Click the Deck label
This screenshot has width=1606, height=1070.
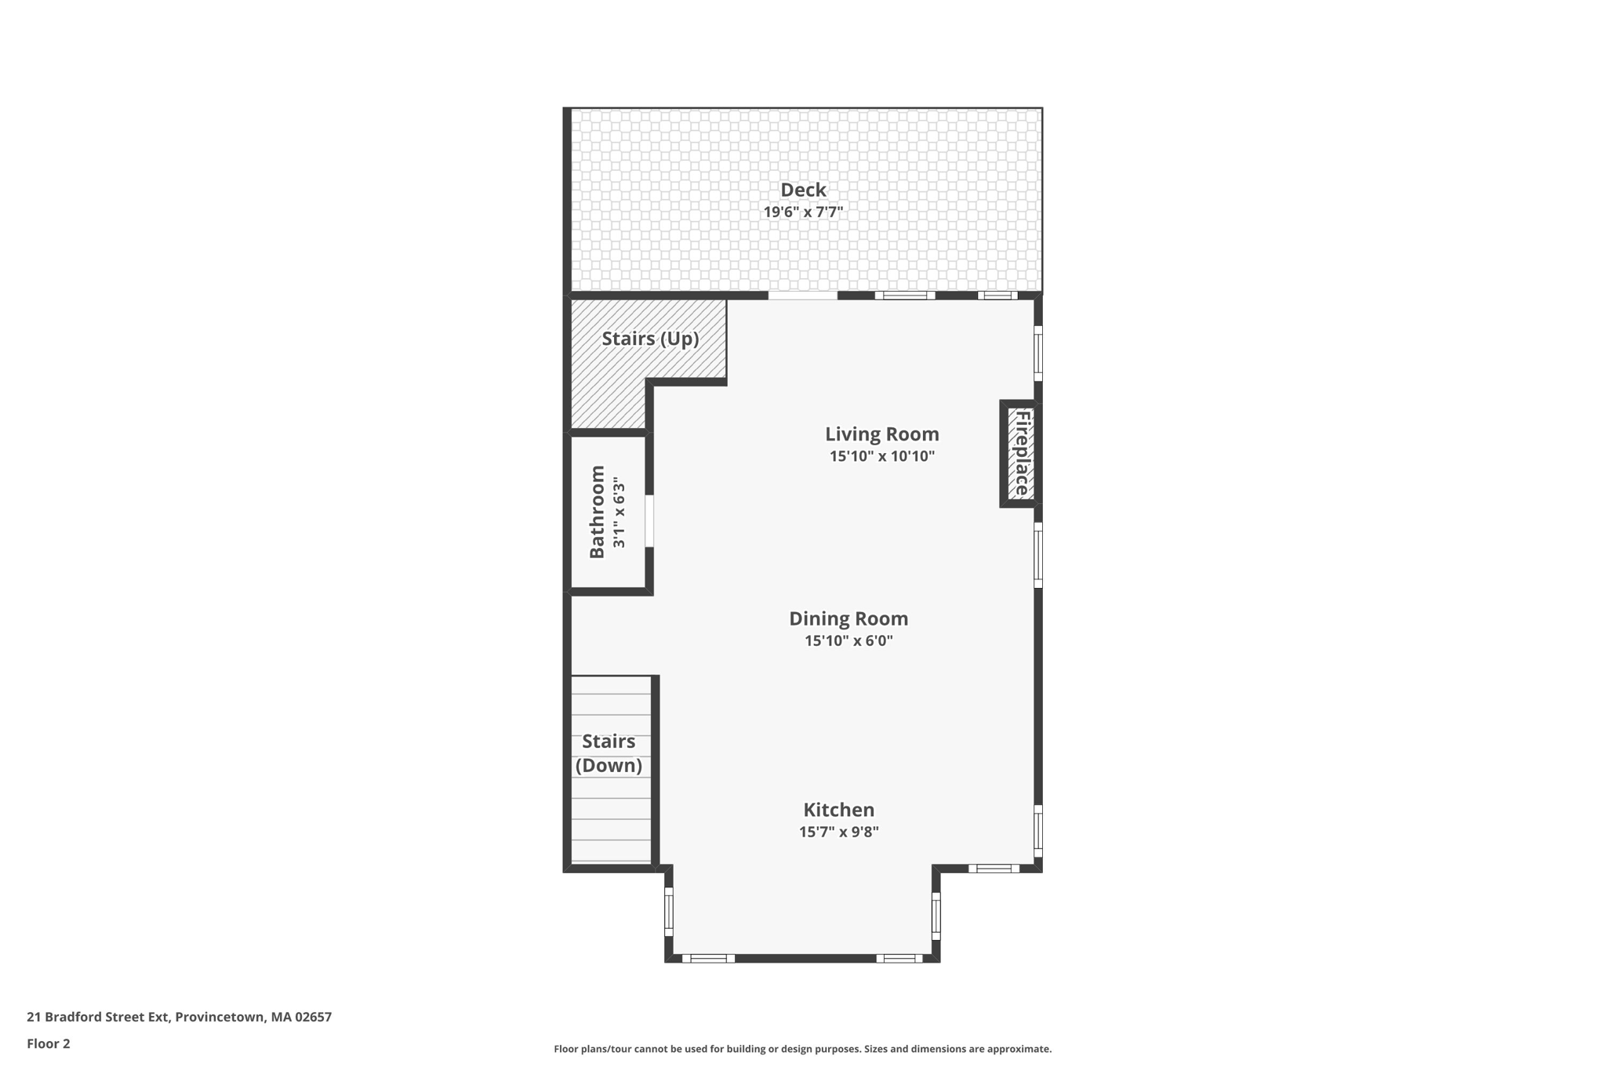click(803, 190)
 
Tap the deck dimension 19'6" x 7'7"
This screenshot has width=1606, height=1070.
click(803, 212)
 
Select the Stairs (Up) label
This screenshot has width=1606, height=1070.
click(650, 339)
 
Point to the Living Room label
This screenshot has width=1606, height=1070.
click(881, 434)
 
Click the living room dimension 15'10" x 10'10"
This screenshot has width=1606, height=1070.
click(882, 456)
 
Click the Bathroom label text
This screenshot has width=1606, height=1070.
click(597, 512)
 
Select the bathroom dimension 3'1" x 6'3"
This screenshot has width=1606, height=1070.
click(620, 512)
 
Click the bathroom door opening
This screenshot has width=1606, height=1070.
click(649, 520)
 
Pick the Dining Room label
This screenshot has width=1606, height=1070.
click(848, 618)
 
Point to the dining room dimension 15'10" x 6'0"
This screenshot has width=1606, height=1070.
click(848, 640)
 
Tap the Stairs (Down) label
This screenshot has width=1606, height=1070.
click(609, 753)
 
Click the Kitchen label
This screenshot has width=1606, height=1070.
click(838, 810)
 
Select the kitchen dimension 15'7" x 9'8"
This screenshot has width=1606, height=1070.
click(838, 832)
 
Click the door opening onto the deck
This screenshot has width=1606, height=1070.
click(802, 296)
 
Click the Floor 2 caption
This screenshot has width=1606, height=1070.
click(49, 1043)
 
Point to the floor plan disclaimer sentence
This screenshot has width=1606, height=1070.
click(802, 1049)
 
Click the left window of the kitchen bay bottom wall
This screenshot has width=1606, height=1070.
click(708, 958)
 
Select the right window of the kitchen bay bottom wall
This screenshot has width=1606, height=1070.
click(899, 958)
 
